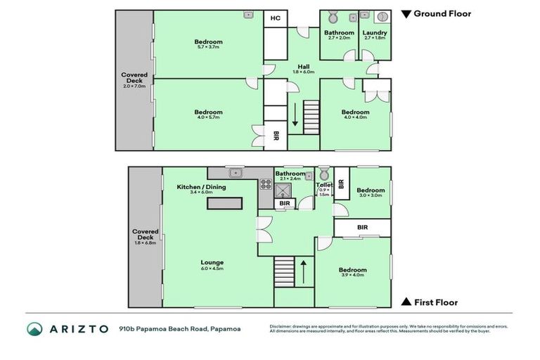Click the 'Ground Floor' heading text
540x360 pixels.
click(x=442, y=13)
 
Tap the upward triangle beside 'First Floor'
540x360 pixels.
click(x=406, y=302)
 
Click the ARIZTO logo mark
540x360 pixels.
click(x=34, y=329)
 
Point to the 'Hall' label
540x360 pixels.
click(x=303, y=67)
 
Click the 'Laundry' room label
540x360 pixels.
click(x=375, y=32)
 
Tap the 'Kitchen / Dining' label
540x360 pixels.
click(x=201, y=187)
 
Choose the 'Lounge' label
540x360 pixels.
click(x=212, y=262)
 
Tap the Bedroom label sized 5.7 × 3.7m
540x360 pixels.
click(x=208, y=42)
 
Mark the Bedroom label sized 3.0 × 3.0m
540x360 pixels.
click(x=370, y=190)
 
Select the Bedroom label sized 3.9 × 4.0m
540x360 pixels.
click(x=352, y=269)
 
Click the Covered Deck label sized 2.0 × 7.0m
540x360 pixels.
click(x=134, y=78)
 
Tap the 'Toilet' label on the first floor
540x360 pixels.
click(x=323, y=185)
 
